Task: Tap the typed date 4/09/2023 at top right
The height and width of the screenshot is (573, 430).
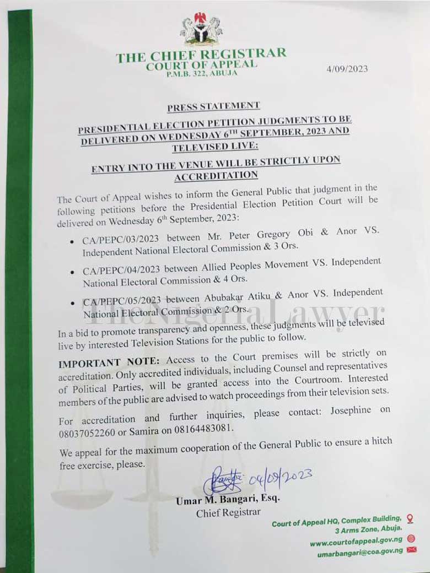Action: [347, 69]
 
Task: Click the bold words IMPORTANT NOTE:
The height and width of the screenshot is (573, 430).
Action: [109, 363]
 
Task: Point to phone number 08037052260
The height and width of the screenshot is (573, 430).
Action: [90, 433]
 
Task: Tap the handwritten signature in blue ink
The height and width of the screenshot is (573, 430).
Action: [222, 480]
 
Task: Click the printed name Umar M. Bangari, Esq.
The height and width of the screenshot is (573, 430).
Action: [227, 500]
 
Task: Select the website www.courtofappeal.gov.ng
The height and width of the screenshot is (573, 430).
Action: [356, 542]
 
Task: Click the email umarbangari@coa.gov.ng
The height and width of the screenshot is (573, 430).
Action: [359, 553]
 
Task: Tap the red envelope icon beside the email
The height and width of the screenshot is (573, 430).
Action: [411, 550]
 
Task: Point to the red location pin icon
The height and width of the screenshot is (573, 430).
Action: [410, 518]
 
